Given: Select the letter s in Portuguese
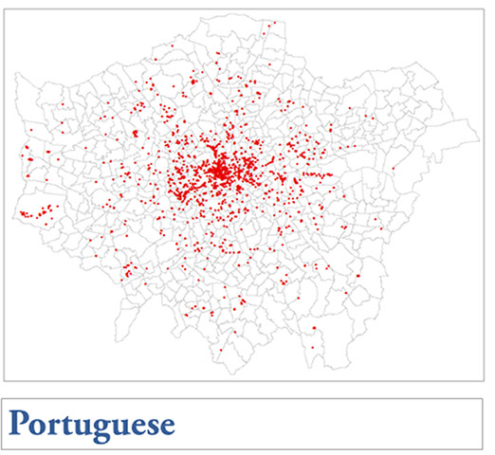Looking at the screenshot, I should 151,423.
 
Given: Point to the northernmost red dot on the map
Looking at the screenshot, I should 274,22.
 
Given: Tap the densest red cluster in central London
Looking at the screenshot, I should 220,173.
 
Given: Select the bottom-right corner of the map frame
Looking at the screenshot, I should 484,378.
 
